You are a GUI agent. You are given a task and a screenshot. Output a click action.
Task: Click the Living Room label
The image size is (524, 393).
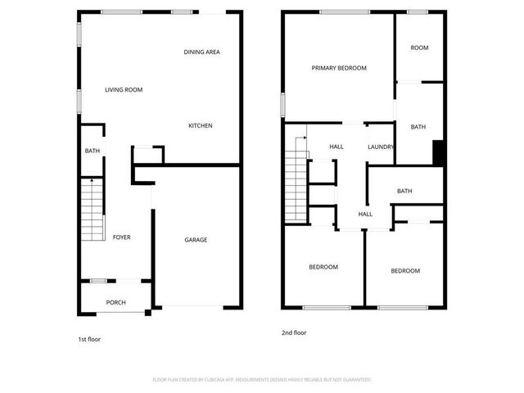point(124,89)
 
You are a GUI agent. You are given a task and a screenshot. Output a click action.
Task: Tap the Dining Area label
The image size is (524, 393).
point(201,52)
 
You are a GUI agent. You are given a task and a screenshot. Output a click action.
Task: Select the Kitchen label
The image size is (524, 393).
point(201,125)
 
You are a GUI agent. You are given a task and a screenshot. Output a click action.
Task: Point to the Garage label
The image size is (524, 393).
point(195,240)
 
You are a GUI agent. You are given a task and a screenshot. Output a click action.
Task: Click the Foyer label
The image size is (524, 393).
point(121,237)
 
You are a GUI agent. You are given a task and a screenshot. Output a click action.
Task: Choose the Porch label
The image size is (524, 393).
point(116,302)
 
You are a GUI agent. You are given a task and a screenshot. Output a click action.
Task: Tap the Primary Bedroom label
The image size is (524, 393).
point(339,68)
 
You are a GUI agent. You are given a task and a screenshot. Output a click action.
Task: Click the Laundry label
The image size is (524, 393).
point(381,147)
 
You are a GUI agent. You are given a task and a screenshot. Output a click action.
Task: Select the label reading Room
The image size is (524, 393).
point(419,47)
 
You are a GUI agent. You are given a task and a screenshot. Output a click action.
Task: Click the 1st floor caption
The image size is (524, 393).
point(88,338)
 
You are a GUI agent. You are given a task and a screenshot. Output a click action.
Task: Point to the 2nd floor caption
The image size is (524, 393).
point(294,333)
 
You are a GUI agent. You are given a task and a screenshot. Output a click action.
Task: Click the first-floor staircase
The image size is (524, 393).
point(93,209)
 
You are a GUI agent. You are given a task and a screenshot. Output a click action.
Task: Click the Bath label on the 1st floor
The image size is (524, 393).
point(93,151)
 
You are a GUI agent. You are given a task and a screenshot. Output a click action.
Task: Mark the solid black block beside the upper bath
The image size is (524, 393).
point(438,153)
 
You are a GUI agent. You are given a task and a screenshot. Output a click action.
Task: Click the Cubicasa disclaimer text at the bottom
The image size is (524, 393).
point(262,380)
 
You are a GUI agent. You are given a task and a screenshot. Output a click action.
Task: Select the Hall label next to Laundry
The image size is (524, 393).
point(337,147)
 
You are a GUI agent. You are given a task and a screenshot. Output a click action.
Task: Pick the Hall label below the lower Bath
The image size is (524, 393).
point(365,215)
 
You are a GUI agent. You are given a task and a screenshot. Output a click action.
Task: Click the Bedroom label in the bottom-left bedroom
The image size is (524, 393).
point(323,267)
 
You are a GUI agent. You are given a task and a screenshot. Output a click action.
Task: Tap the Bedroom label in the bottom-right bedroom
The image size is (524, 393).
point(404,271)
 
